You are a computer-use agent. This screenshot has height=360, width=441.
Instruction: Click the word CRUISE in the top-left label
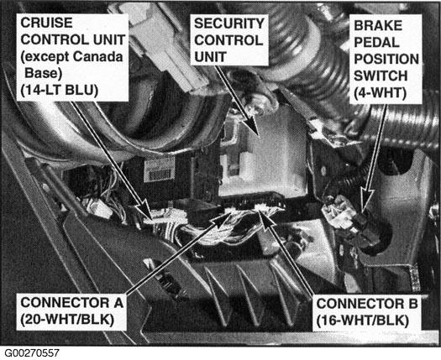(x=46, y=23)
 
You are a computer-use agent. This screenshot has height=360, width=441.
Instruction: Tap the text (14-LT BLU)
(x=60, y=91)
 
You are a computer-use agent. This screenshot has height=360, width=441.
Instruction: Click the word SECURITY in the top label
(x=229, y=23)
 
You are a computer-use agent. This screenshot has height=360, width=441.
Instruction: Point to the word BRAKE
(x=378, y=25)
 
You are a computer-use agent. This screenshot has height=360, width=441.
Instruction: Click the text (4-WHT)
(x=380, y=93)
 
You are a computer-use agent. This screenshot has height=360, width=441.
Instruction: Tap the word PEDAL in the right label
(x=376, y=43)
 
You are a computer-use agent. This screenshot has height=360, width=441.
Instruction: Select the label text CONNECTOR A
(x=72, y=303)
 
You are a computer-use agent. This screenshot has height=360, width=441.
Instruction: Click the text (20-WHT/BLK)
(x=67, y=320)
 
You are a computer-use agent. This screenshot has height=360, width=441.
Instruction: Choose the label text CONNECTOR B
(x=367, y=304)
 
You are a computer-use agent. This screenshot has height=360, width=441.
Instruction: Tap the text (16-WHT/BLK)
(x=363, y=321)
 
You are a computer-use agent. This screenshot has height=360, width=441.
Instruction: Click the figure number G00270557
(x=32, y=353)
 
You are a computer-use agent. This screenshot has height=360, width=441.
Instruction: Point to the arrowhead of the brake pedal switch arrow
(x=367, y=201)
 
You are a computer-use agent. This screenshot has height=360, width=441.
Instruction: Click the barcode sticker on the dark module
(x=160, y=170)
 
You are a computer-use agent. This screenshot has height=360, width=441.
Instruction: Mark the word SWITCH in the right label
(x=381, y=76)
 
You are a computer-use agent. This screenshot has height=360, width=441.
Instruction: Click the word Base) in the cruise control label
(x=44, y=73)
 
